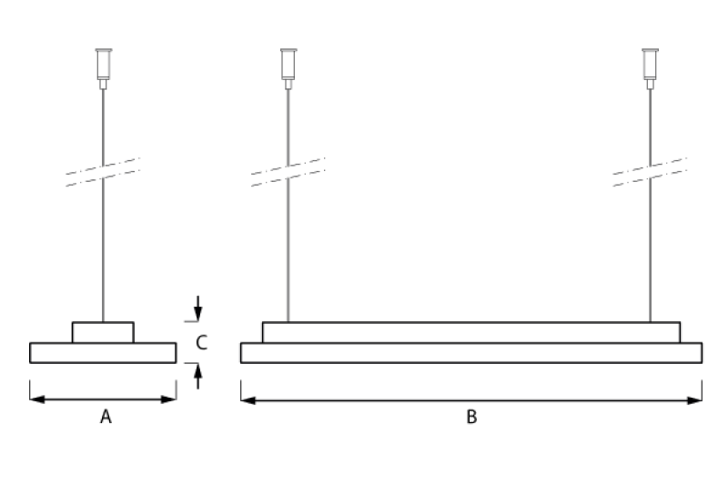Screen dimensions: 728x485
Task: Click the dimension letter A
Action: [106, 417]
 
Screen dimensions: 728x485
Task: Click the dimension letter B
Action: [471, 417]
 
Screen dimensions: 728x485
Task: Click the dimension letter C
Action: [201, 342]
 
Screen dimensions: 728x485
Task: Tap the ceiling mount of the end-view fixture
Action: [103, 68]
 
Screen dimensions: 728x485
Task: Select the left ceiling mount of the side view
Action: [288, 68]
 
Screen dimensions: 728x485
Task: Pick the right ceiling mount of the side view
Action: [650, 68]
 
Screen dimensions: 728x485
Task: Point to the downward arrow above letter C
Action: [198, 308]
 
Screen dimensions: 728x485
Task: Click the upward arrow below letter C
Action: [198, 376]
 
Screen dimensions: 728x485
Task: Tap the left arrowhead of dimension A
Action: [37, 399]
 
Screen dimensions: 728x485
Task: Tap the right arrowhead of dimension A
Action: [168, 399]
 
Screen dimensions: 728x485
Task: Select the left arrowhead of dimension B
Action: [248, 400]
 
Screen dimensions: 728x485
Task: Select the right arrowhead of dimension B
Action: [694, 400]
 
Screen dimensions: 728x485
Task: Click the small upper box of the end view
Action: [103, 332]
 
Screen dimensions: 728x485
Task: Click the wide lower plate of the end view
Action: [103, 353]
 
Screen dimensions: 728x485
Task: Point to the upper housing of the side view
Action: [471, 332]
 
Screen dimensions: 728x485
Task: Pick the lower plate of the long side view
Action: [471, 353]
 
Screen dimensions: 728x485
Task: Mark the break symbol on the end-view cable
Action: [103, 172]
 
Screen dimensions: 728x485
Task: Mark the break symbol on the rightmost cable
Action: [650, 172]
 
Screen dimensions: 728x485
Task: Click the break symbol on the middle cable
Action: [288, 172]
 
